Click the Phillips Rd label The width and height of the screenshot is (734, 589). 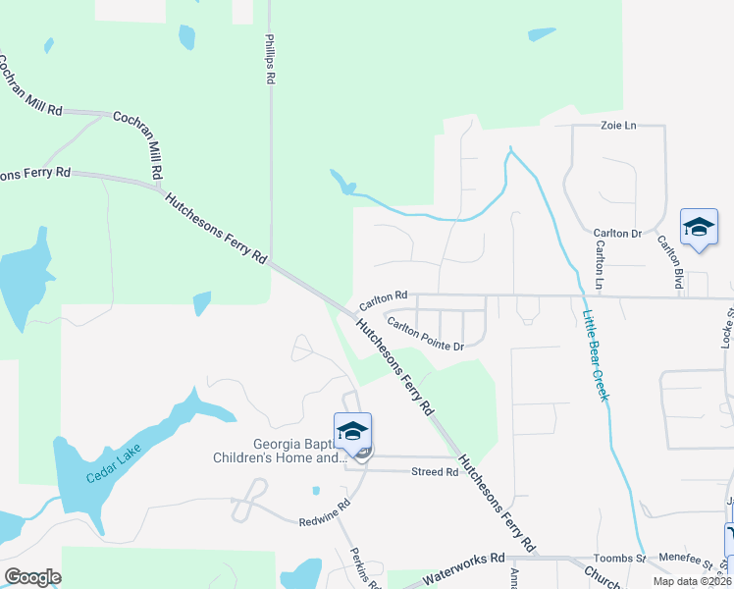[x=271, y=60]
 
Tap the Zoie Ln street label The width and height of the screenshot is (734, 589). [x=618, y=126]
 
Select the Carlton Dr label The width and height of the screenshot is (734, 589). [x=616, y=234]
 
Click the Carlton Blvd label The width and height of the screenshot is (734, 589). [x=671, y=255]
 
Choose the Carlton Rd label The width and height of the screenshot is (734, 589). [x=383, y=295]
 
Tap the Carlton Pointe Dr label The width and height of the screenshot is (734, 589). [x=424, y=334]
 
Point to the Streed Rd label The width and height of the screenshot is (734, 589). [x=435, y=472]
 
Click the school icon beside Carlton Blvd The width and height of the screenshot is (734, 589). [x=699, y=228]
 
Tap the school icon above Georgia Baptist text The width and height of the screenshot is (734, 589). [x=353, y=430]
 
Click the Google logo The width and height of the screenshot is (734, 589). [x=32, y=576]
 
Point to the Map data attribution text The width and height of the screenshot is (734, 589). [x=693, y=581]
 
